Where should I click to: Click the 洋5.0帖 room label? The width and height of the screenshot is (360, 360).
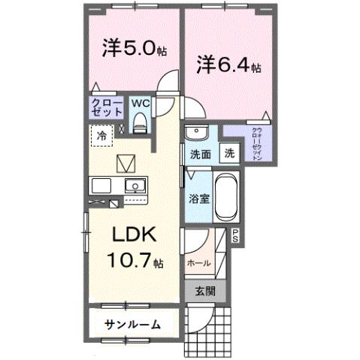pyautogui.click(x=134, y=49)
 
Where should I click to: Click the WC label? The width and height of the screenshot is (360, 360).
pyautogui.click(x=141, y=103)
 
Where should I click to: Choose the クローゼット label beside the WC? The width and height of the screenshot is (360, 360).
pyautogui.click(x=107, y=107)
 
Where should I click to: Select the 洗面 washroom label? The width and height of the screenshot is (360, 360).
pyautogui.click(x=200, y=153)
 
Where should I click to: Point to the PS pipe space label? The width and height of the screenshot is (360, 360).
pyautogui.click(x=234, y=235)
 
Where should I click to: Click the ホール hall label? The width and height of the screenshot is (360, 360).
pyautogui.click(x=198, y=263)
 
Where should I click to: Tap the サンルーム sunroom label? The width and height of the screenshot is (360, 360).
pyautogui.click(x=132, y=324)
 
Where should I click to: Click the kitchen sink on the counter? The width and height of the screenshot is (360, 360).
pyautogui.click(x=135, y=186)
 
